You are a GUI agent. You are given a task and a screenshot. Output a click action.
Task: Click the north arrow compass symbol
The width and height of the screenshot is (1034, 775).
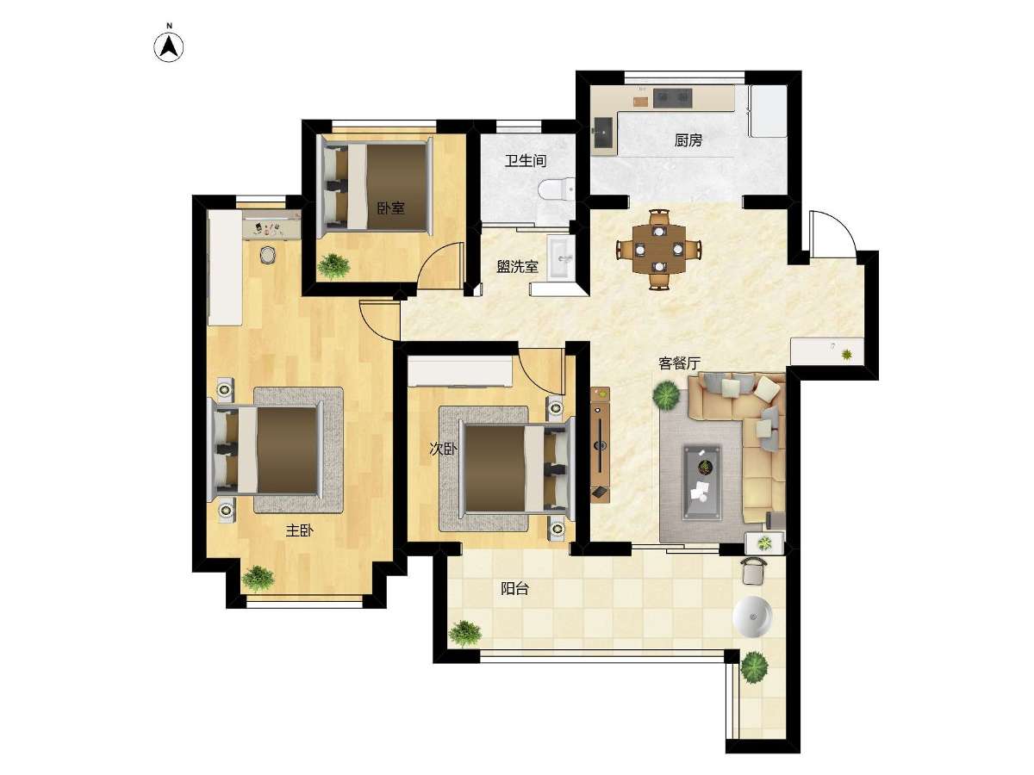(169, 47)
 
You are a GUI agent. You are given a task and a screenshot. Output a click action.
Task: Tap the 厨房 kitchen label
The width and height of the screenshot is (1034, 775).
(688, 140)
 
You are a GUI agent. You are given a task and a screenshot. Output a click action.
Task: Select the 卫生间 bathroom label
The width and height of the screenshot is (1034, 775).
(526, 161)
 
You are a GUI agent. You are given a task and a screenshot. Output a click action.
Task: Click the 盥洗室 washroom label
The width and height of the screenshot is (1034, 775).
(518, 267)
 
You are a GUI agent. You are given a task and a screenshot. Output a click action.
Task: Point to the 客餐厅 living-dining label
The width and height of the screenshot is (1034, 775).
(679, 363)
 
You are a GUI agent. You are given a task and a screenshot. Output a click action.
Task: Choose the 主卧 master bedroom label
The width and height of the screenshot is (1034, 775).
(300, 530)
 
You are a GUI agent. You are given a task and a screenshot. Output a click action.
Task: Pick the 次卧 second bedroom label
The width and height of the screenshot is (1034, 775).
(443, 449)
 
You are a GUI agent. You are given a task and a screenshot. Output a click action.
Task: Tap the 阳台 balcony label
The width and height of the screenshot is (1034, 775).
(514, 589)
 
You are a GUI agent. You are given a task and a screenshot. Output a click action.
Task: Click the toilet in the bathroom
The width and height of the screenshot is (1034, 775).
(557, 189)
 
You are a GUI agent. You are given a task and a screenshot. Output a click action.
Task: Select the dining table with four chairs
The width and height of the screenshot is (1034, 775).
(659, 249)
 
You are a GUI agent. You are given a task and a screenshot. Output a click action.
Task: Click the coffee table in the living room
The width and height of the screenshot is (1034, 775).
(702, 482)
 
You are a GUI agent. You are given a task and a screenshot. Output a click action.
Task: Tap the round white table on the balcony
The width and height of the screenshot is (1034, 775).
(752, 617)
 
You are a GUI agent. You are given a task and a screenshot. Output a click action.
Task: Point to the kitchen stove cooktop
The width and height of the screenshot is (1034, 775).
(672, 97)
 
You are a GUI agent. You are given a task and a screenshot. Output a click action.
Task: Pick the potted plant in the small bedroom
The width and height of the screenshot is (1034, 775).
(333, 267)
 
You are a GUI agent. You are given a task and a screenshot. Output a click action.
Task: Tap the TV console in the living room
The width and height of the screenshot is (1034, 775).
(600, 445)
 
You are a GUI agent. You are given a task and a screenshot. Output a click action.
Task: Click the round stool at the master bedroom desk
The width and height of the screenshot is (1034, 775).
(267, 255)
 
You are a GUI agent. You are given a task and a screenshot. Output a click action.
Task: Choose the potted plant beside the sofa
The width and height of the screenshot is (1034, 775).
(667, 394)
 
